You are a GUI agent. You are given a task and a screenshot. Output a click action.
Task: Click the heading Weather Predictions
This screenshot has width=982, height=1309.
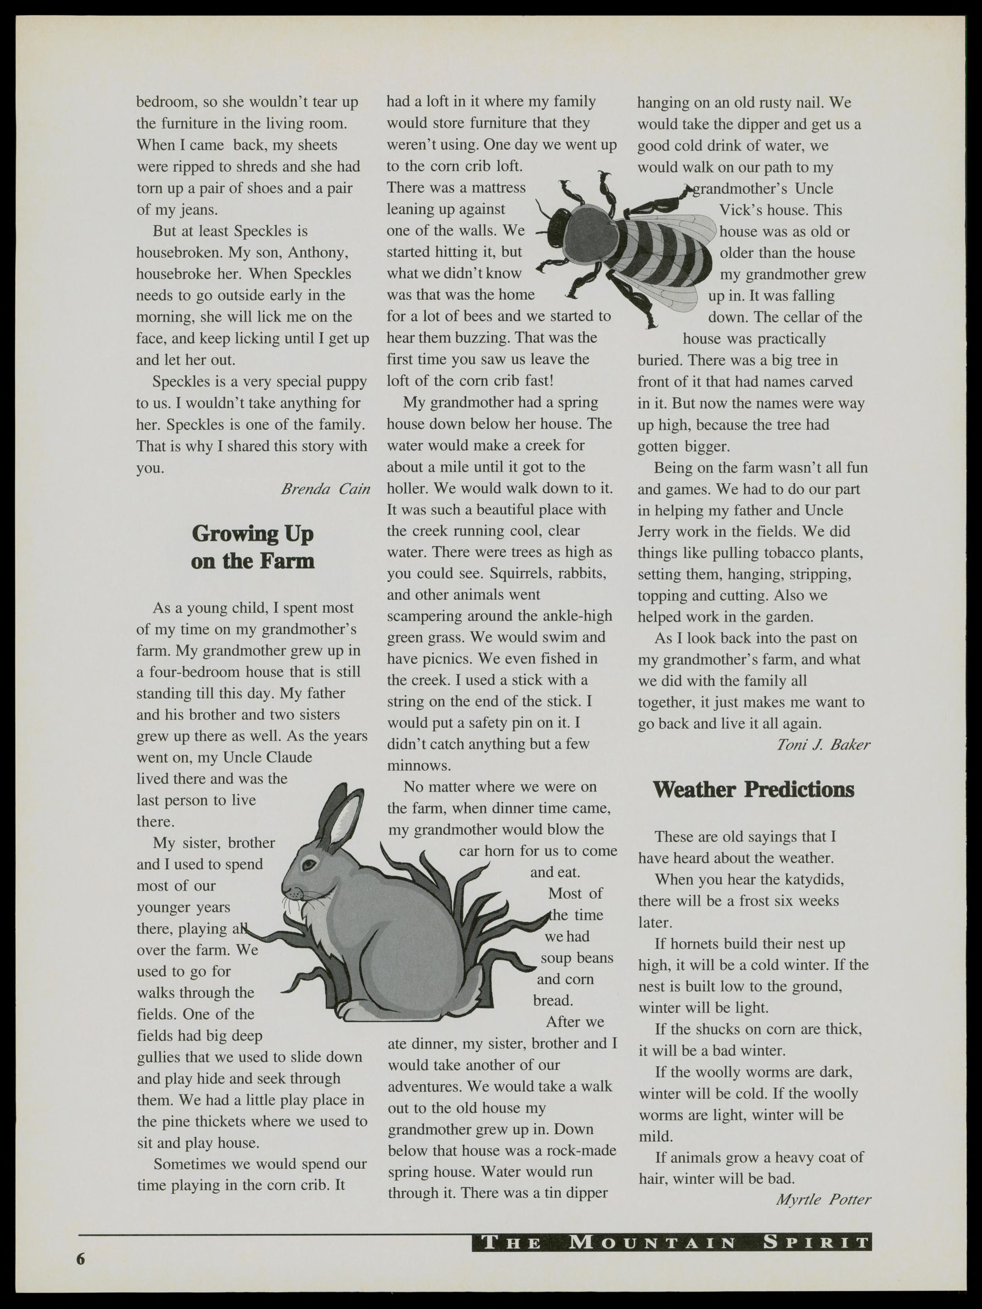point(753,790)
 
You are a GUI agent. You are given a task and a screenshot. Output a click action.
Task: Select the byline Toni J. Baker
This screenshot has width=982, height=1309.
point(823,744)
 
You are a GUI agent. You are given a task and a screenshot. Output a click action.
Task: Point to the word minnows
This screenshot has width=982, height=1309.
point(419,766)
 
